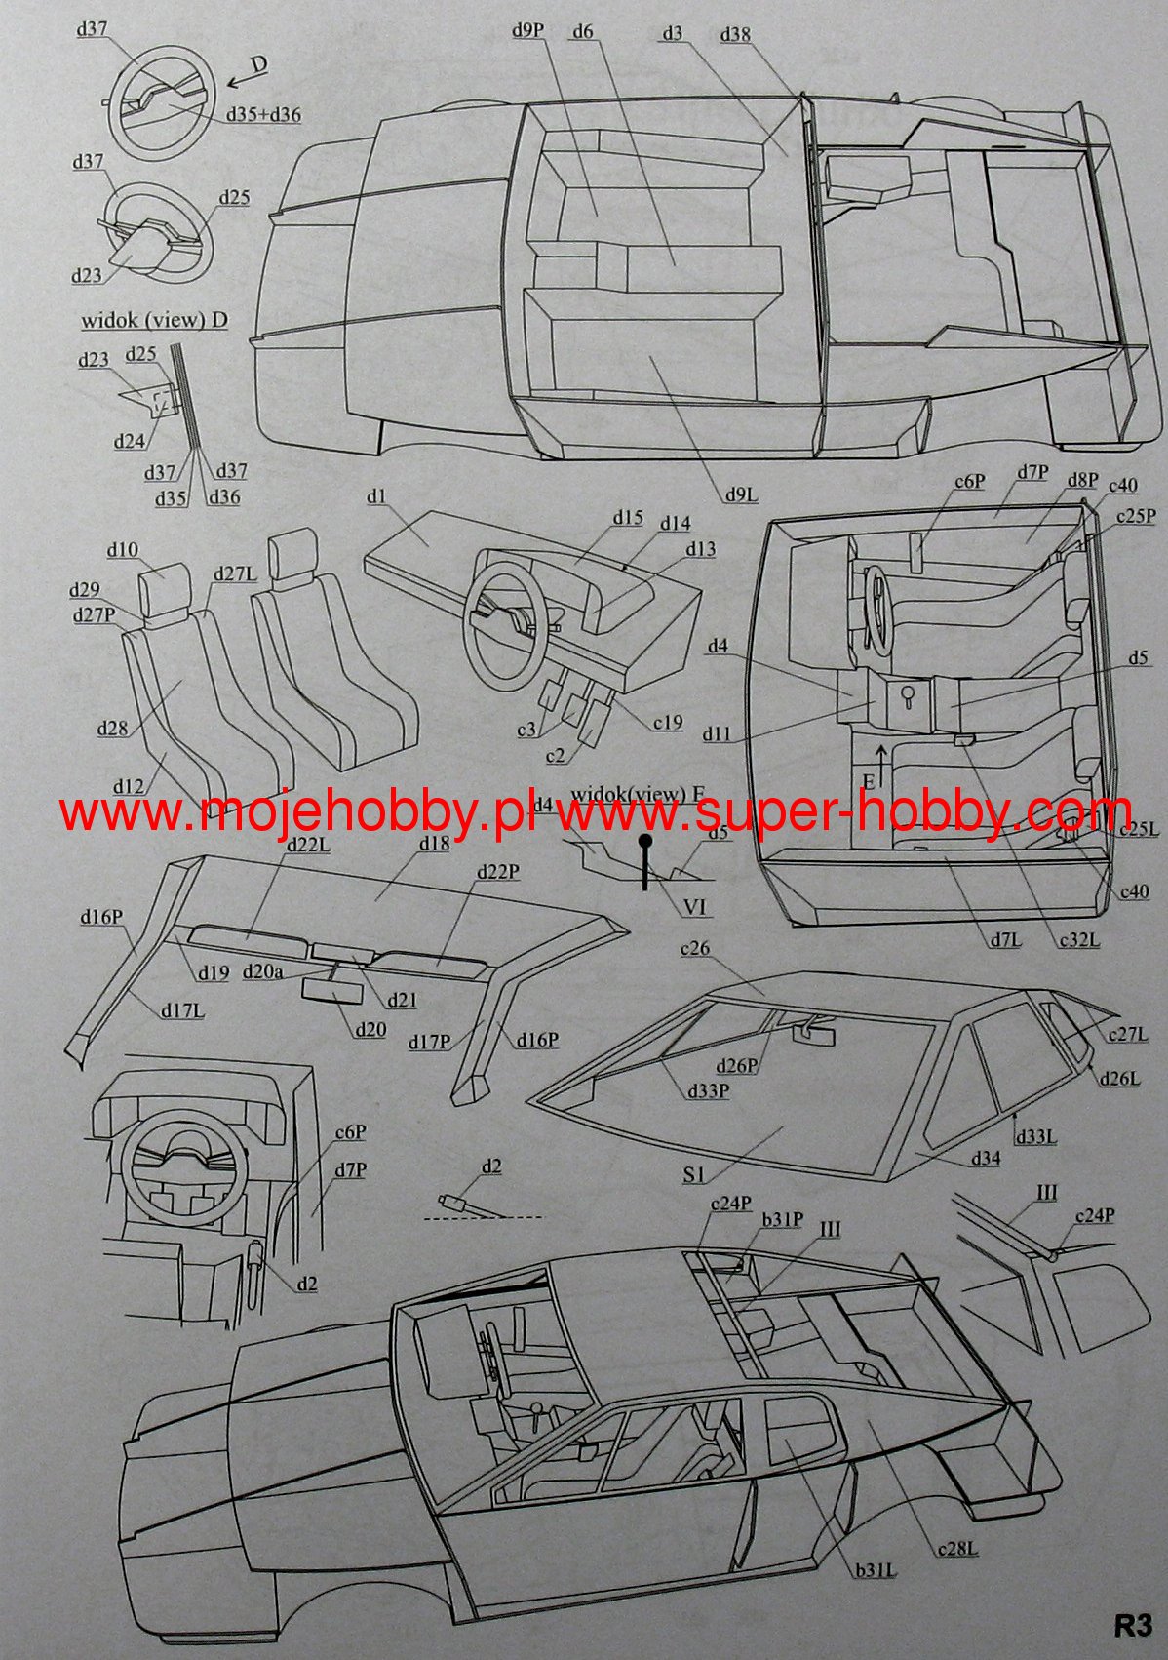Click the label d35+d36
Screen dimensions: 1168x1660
click(262, 115)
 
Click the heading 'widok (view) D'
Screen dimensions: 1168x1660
click(155, 320)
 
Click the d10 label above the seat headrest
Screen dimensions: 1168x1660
click(122, 550)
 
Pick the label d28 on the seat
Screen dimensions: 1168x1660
click(112, 729)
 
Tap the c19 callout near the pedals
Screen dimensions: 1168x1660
click(668, 721)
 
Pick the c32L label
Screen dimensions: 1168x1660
click(1077, 940)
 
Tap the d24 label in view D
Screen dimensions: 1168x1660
click(131, 440)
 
